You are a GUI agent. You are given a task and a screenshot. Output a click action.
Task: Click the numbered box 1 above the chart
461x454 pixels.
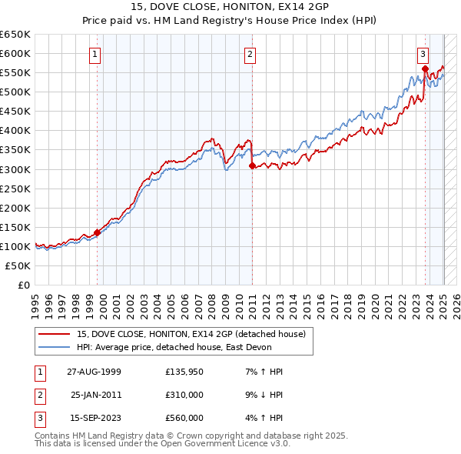pos(94,54)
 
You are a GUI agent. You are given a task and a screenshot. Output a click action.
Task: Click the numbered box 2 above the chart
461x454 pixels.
pos(250,54)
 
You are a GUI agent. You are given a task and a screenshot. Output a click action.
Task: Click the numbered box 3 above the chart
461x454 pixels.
pos(423,54)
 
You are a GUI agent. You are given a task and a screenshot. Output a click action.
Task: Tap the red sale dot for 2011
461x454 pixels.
pos(252,165)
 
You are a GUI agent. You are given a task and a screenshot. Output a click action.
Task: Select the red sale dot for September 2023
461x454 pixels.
pos(425,69)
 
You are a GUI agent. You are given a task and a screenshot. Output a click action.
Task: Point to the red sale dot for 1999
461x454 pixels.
pos(98,232)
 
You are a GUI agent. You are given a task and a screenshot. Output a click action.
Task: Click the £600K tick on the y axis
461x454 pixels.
pos(15,53)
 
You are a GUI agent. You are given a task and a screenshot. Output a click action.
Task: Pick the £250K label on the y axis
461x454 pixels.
pos(15,189)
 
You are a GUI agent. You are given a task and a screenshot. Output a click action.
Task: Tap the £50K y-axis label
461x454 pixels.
pos(18,265)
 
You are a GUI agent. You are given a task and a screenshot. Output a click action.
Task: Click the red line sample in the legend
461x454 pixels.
pos(54,334)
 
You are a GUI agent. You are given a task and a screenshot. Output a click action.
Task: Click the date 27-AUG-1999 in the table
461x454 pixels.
pos(94,372)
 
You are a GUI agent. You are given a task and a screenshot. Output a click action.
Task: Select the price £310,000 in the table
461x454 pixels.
pos(184,395)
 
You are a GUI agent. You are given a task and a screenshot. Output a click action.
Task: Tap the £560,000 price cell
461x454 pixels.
pos(184,418)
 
